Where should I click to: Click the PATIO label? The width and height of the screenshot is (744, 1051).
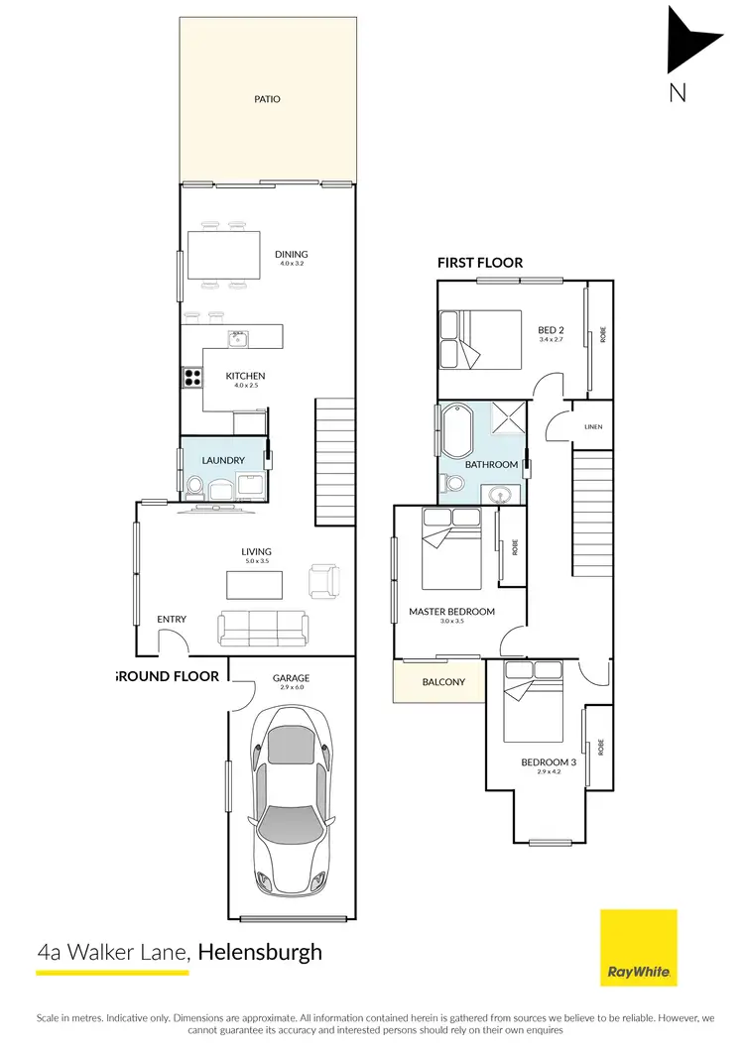tap(267, 99)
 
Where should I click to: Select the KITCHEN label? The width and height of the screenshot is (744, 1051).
tap(245, 377)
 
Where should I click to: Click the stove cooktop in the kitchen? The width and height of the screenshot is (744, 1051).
tap(190, 377)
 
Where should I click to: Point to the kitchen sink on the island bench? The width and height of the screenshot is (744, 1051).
tap(238, 338)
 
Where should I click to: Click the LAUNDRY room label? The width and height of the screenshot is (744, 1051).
tap(222, 461)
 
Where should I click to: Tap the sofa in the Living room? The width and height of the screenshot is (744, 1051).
tap(263, 629)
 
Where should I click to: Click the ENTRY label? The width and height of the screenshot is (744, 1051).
tap(172, 620)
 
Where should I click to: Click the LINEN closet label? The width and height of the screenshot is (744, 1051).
tap(593, 427)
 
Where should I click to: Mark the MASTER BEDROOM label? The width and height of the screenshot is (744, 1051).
tap(451, 612)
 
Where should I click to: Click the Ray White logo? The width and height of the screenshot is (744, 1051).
tap(639, 948)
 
